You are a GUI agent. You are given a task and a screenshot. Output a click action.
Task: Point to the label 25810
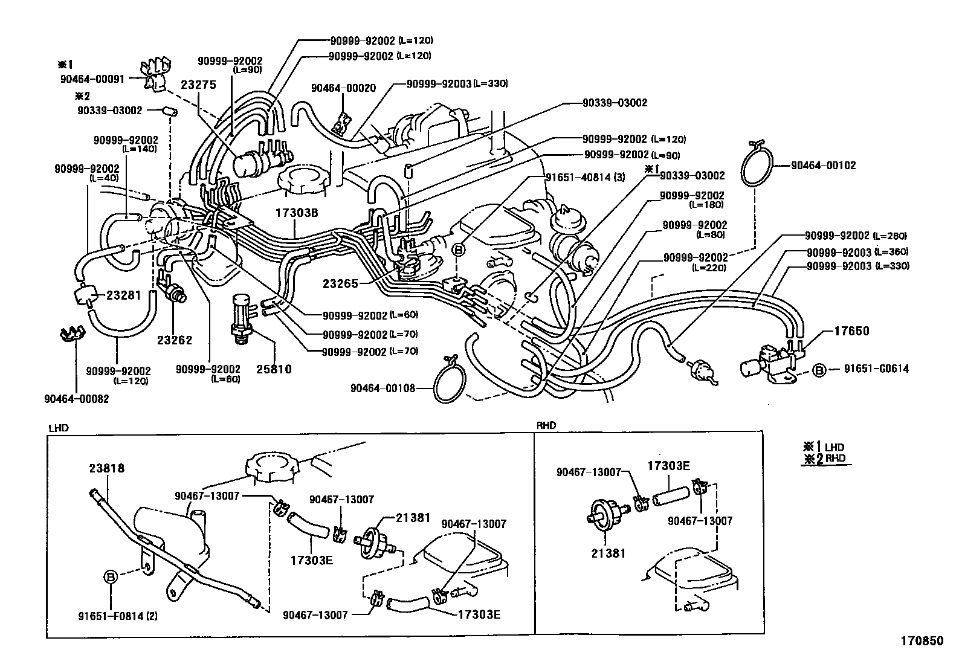[x=272, y=369]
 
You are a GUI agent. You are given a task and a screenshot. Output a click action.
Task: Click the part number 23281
[x=123, y=295]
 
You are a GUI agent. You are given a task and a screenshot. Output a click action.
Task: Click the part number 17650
[x=851, y=331]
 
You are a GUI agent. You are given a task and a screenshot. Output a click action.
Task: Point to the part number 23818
[x=107, y=468]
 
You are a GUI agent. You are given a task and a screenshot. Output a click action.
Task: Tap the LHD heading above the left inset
[x=59, y=427]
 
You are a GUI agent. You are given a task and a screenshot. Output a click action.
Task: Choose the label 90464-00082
[x=76, y=399]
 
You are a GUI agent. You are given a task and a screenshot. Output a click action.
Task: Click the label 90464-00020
[x=343, y=88]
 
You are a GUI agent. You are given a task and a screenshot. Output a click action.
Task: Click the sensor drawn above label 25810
[x=243, y=317]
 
